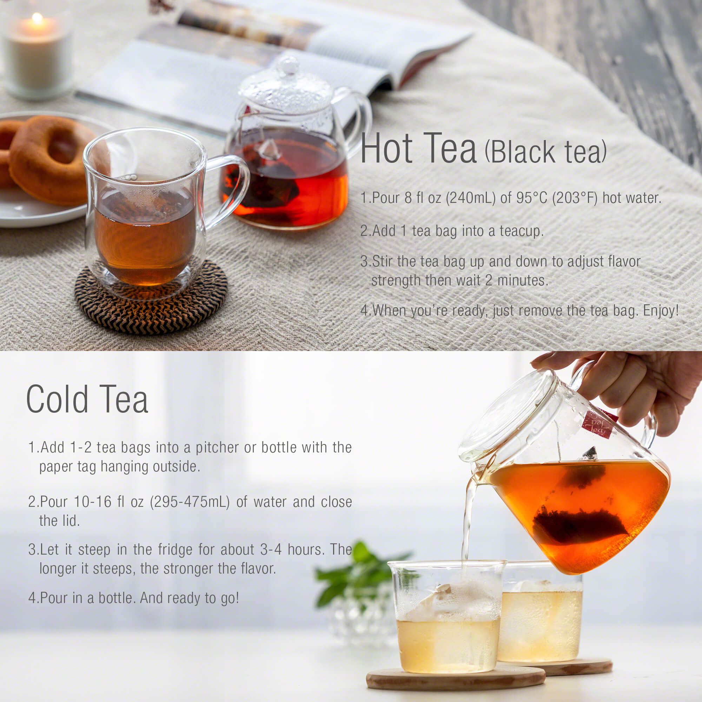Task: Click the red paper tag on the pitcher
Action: [x=598, y=425]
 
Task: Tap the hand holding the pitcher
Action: [x=640, y=385]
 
